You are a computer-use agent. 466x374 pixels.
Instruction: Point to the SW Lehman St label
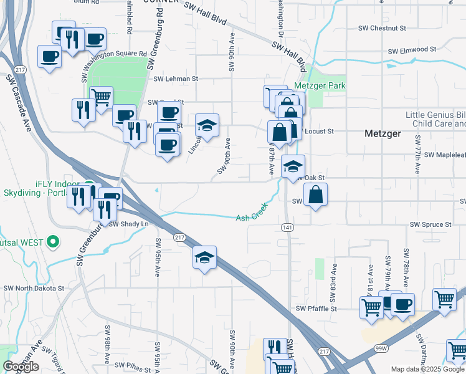[176, 79]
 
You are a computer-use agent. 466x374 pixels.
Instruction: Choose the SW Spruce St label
[430, 224]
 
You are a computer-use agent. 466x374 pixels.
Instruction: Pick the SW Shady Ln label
[129, 224]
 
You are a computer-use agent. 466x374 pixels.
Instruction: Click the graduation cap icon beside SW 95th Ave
[204, 257]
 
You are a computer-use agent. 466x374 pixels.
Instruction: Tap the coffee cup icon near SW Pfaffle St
[402, 304]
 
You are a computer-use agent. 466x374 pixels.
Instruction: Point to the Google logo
[21, 367]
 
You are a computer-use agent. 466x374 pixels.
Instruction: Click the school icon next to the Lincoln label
[207, 125]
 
